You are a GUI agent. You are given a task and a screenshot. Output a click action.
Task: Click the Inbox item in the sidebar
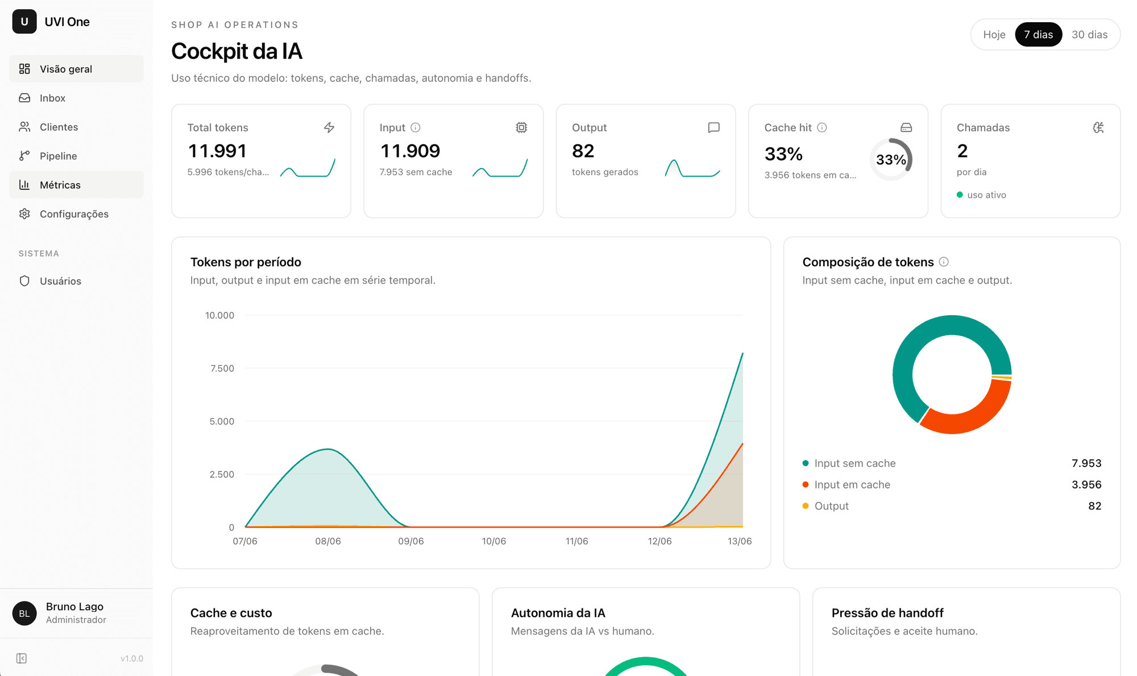tap(52, 98)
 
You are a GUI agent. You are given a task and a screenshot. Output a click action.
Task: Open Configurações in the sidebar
tap(74, 214)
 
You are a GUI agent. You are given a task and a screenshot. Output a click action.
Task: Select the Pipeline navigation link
tap(58, 156)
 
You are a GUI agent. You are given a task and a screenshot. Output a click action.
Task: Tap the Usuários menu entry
tap(60, 281)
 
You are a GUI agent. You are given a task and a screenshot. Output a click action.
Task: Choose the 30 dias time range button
tap(1089, 35)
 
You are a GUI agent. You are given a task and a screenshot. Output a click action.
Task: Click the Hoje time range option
tap(994, 35)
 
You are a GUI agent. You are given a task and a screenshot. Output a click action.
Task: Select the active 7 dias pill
tap(1038, 35)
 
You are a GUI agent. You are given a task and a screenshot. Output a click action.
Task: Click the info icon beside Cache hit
tap(822, 128)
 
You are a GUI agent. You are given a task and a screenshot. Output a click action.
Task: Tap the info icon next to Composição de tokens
tap(944, 262)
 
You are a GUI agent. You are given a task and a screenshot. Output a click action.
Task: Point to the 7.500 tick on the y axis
tap(222, 369)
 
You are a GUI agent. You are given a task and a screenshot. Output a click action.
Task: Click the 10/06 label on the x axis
tap(493, 541)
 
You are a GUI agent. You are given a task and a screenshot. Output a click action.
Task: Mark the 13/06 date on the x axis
tap(740, 541)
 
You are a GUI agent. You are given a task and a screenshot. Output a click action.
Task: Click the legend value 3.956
tap(1086, 485)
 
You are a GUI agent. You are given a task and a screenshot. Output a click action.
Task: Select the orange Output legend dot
tap(806, 506)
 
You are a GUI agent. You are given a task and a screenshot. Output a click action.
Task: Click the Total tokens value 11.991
tap(217, 151)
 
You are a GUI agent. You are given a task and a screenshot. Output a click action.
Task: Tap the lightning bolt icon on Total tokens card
tap(329, 128)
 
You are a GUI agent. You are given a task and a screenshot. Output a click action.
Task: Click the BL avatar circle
tap(24, 614)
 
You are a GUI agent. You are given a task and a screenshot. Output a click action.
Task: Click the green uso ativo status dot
tap(960, 195)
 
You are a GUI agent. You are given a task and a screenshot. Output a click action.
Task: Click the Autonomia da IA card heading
tap(558, 613)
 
